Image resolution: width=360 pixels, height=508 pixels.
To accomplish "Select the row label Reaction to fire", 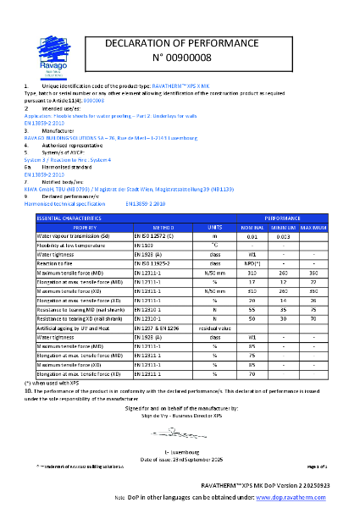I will (x=60, y=262).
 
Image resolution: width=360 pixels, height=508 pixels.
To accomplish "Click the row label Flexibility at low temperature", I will (x=72, y=245).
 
